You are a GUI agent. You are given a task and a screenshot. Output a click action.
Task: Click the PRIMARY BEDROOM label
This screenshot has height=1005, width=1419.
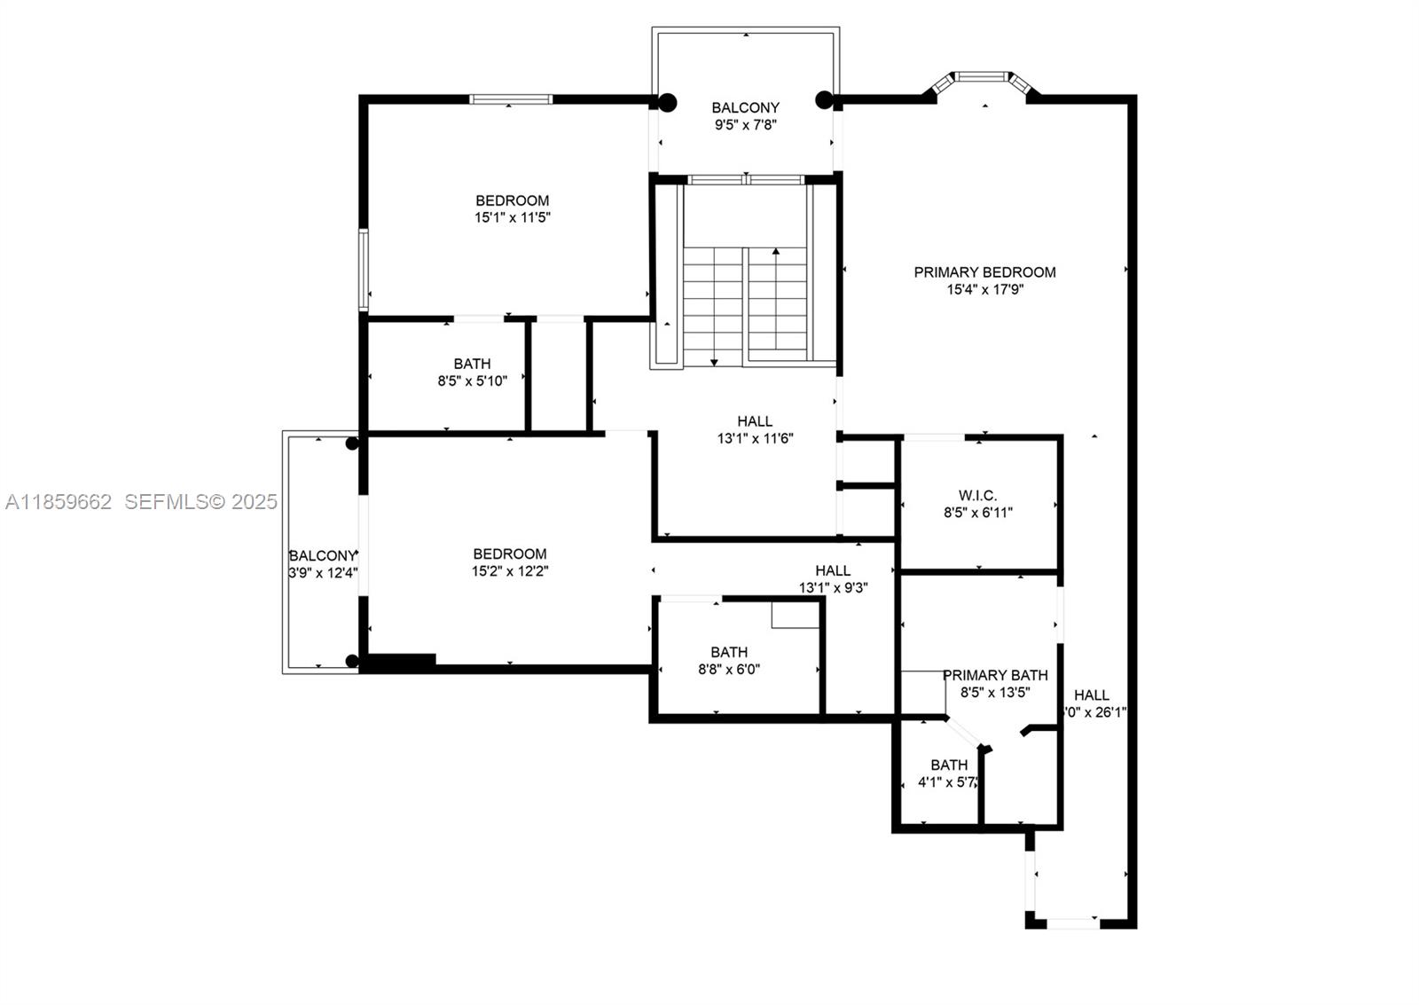click(x=984, y=272)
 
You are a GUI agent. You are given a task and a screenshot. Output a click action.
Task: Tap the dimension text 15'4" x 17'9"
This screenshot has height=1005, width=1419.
click(x=984, y=289)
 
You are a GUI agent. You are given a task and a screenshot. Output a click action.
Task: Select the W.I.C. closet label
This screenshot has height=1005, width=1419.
click(x=977, y=495)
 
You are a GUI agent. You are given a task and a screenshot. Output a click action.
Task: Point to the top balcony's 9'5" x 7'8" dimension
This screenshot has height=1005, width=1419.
click(x=745, y=125)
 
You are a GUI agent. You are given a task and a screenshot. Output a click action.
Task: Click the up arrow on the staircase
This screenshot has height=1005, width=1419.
click(x=776, y=253)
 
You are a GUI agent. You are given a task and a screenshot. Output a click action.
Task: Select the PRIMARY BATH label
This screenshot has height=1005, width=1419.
click(x=995, y=675)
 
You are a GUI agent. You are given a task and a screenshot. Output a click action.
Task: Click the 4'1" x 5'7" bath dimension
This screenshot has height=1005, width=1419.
click(x=947, y=782)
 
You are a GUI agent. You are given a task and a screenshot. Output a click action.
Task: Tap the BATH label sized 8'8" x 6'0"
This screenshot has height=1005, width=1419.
click(x=728, y=652)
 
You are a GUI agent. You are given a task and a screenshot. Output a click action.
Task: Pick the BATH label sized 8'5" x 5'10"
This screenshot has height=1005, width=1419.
click(x=472, y=364)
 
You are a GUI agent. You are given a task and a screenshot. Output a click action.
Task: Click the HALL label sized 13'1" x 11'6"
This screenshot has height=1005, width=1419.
click(x=755, y=421)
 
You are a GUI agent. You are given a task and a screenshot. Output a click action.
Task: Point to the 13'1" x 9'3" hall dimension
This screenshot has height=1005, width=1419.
click(x=833, y=587)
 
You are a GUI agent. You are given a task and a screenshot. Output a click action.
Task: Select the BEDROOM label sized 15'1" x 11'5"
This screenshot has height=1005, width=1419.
click(x=512, y=200)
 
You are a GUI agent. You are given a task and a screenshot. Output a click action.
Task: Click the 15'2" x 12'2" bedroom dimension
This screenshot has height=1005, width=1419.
click(x=510, y=571)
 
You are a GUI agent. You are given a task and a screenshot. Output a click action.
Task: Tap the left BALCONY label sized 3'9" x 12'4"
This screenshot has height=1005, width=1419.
click(x=323, y=556)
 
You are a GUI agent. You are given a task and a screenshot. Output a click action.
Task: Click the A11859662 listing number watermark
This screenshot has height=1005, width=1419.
click(x=59, y=502)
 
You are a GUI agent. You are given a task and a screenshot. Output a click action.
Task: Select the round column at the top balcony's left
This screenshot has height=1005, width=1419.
click(x=667, y=103)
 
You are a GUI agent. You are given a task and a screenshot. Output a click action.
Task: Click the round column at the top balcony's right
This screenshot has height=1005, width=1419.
click(x=824, y=99)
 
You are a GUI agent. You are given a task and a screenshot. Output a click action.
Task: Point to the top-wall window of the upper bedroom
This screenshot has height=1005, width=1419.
click(x=511, y=99)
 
